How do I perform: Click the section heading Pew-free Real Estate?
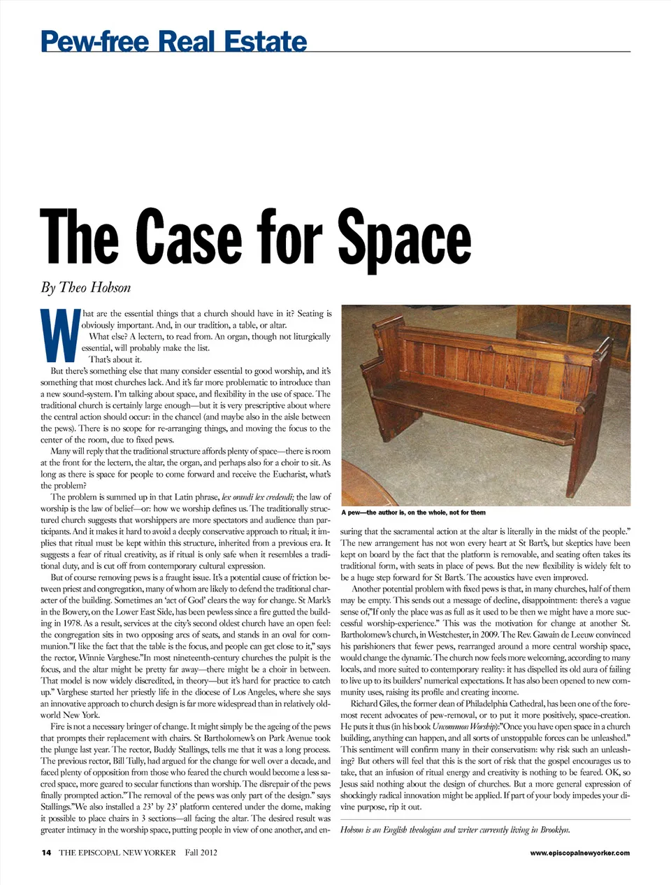click(174, 41)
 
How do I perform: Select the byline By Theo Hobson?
click(85, 287)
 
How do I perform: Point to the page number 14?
click(46, 852)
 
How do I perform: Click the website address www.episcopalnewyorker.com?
click(579, 852)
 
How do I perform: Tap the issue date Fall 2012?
click(201, 852)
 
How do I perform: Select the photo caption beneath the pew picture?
click(413, 512)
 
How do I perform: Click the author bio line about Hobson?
click(455, 830)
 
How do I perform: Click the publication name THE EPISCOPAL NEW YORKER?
click(117, 852)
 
